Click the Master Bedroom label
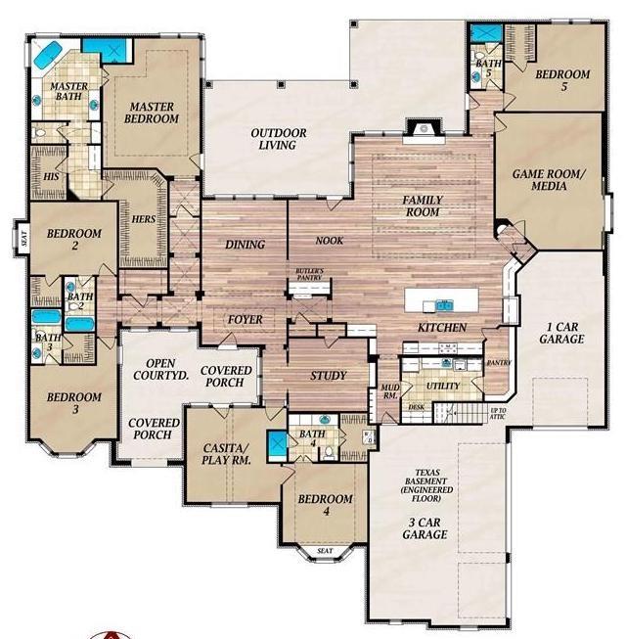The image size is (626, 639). pyautogui.click(x=152, y=112)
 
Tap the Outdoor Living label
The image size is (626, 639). pyautogui.click(x=279, y=139)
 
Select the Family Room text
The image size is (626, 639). pyautogui.click(x=424, y=206)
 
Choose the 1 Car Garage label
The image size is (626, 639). pyautogui.click(x=560, y=332)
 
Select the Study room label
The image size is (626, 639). pyautogui.click(x=329, y=376)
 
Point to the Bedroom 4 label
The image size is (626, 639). pyautogui.click(x=325, y=506)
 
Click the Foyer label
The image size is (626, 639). pyautogui.click(x=245, y=320)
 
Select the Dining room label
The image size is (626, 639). pyautogui.click(x=240, y=245)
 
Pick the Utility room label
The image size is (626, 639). pyautogui.click(x=442, y=387)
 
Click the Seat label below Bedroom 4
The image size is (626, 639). pyautogui.click(x=325, y=551)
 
